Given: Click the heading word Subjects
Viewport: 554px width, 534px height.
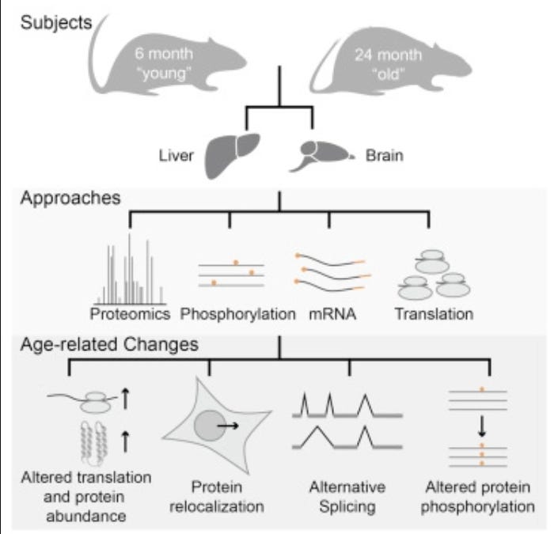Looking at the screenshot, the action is click(56, 23).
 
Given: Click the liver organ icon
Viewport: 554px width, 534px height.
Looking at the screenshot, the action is click(231, 155).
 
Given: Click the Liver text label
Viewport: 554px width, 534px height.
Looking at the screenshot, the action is click(176, 156).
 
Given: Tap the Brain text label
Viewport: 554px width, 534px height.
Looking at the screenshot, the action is click(385, 156).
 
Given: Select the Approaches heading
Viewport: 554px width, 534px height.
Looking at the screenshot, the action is click(70, 198).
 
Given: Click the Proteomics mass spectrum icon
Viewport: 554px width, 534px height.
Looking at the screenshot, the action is click(130, 269).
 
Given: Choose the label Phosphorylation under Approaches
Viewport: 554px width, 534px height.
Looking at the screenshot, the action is click(237, 314).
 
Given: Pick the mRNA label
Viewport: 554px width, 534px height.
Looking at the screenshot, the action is click(332, 314).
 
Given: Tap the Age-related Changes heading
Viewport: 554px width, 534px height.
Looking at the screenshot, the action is click(109, 344).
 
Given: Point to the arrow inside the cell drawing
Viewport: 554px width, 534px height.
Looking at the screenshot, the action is click(228, 426).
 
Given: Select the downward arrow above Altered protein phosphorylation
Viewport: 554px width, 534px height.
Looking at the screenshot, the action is click(481, 426).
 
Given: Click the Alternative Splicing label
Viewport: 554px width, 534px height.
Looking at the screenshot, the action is click(347, 497).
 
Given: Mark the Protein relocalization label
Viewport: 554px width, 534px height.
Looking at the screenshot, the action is click(217, 497).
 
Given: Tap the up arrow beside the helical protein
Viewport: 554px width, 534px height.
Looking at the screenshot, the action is click(125, 441).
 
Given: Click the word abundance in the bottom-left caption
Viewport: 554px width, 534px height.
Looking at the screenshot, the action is click(86, 517).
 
